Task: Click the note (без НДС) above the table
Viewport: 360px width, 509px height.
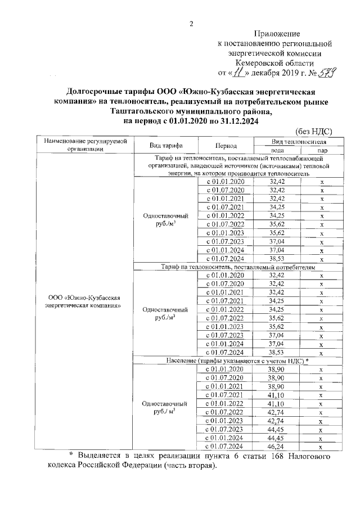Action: pyautogui.click(x=313, y=132)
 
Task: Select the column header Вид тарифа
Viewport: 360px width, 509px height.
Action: pyautogui.click(x=165, y=145)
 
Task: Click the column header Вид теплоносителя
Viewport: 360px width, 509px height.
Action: pyautogui.click(x=299, y=141)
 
